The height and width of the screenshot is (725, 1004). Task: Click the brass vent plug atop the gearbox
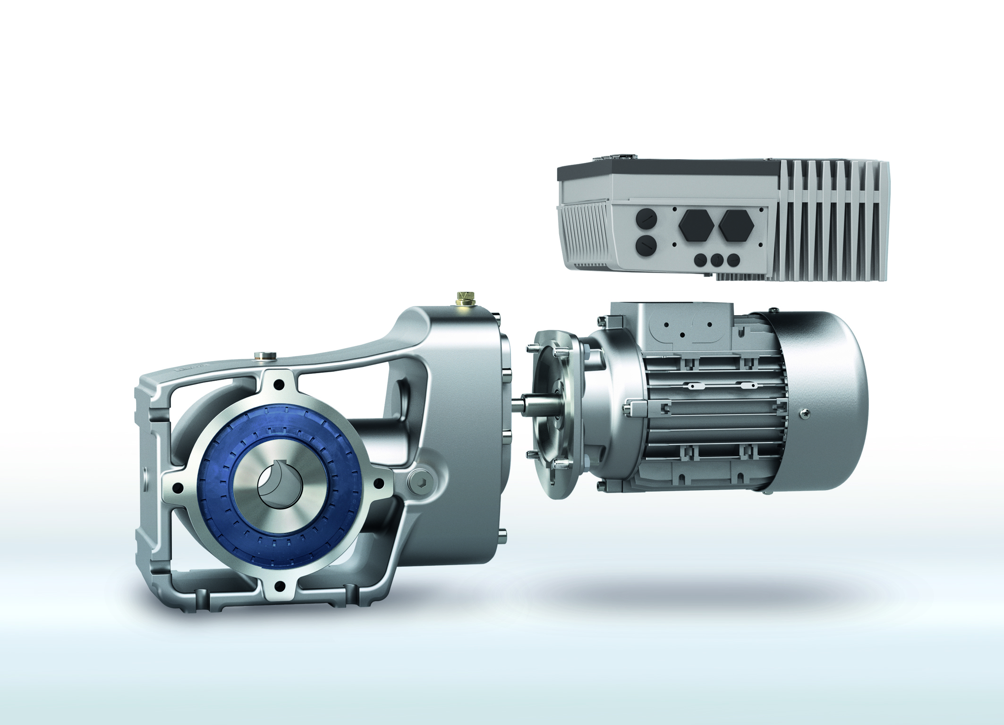point(465,298)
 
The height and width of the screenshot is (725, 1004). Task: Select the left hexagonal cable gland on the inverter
point(696,225)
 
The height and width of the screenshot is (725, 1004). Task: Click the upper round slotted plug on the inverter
point(646,219)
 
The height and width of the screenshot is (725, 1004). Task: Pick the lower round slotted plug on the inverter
point(646,246)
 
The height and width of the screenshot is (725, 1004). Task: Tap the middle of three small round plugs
point(717,259)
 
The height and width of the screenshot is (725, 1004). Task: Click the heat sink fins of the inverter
point(831,222)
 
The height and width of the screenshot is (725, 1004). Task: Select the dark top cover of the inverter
point(671,170)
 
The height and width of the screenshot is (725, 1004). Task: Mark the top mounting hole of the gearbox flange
point(279,385)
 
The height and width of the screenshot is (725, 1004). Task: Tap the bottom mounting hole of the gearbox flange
point(280,586)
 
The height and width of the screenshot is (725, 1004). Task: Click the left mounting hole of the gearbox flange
point(178,487)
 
